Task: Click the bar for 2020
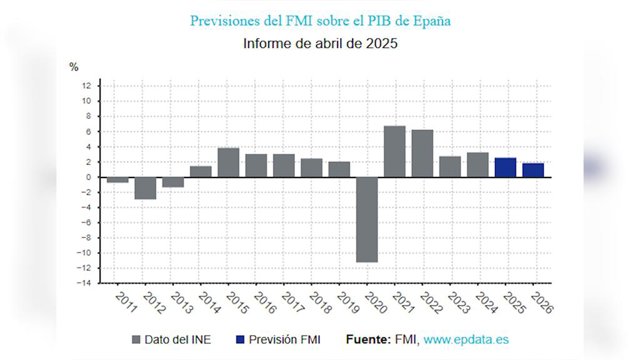[x=367, y=220]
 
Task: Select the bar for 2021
[x=395, y=151]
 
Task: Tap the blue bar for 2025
[x=505, y=167]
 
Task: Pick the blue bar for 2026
[x=533, y=170]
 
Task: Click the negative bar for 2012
[x=145, y=188]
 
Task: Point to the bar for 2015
[x=229, y=162]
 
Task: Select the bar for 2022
[x=422, y=153]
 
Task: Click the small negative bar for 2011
[x=118, y=180]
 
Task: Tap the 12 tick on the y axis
[x=86, y=86]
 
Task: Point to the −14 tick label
[x=84, y=283]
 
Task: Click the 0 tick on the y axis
[x=89, y=177]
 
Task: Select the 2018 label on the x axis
[x=320, y=303]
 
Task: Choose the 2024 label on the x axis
[x=486, y=303]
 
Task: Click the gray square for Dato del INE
[x=136, y=340]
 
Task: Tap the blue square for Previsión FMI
[x=240, y=340]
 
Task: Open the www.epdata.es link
[x=466, y=340]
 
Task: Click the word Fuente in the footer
[x=369, y=340]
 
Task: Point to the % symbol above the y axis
[x=73, y=67]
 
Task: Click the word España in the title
[x=432, y=21]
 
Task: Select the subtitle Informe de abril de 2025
[x=320, y=43]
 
